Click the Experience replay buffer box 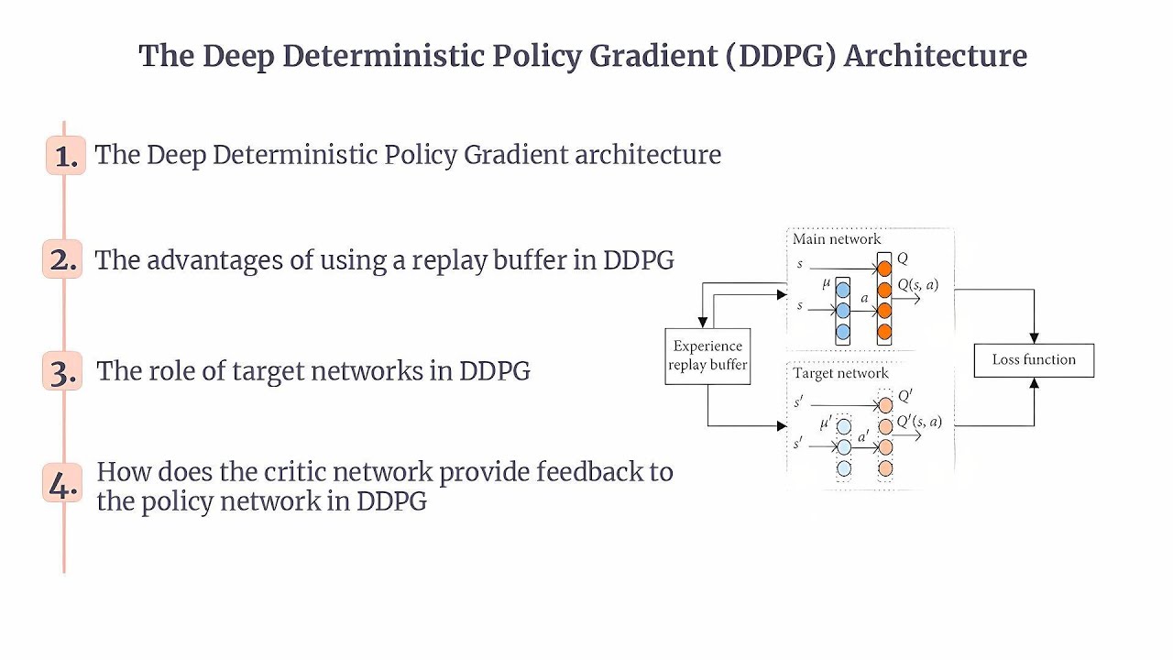coord(707,356)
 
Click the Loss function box coord(1034,359)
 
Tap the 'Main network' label coord(836,239)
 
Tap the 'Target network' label coord(840,373)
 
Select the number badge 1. coord(65,156)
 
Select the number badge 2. coord(62,260)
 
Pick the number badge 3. coord(62,371)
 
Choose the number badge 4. coord(62,484)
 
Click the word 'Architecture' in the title coord(935,56)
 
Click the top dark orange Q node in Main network coord(884,269)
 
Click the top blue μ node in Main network coord(843,288)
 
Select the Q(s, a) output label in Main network coord(917,285)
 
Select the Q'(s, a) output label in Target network coord(919,422)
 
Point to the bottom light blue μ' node coord(844,468)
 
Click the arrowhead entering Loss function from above coord(1035,337)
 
